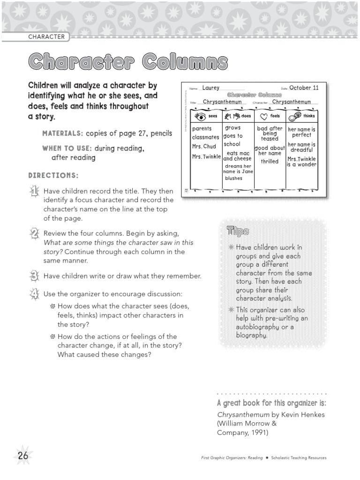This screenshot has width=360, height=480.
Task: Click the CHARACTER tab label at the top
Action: coord(46,37)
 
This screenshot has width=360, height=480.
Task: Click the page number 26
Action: coord(23,455)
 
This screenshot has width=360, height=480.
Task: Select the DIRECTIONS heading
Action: coord(53,175)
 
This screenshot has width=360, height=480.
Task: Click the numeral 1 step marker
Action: coord(34,191)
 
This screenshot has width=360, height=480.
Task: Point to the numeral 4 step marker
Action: coord(34,294)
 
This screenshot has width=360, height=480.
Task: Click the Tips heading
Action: coord(238,231)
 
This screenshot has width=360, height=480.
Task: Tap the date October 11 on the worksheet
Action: coord(304,88)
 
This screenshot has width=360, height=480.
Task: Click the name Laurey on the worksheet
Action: coord(210,88)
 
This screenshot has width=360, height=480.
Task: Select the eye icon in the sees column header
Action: coord(200,116)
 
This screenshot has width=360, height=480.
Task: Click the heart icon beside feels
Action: coord(264,116)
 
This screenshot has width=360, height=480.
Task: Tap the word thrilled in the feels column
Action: coord(270,161)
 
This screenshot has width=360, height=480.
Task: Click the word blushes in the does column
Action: coord(233,178)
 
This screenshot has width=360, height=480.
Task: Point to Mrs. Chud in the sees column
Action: coord(203,146)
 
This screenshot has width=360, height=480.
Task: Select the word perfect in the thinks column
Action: coord(301,135)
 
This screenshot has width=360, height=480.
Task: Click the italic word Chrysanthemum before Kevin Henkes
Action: coord(243,414)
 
